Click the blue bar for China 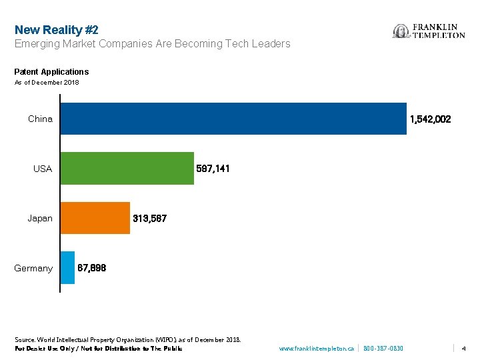pos(233,119)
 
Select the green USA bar pos(127,169)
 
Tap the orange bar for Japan pos(95,218)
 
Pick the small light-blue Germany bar pos(67,268)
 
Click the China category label pos(40,119)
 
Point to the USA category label pos(43,169)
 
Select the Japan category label pos(40,218)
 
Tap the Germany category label pos(33,268)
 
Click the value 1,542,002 pos(430,119)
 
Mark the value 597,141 pos(213,169)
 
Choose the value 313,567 pos(149,218)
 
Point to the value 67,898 pos(92,268)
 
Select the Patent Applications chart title pos(51,71)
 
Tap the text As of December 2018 pos(47,83)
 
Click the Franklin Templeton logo pos(429,31)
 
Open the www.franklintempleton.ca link pos(316,349)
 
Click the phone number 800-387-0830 pos(383,349)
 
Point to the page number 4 pos(463,349)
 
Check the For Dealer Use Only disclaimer pos(98,349)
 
